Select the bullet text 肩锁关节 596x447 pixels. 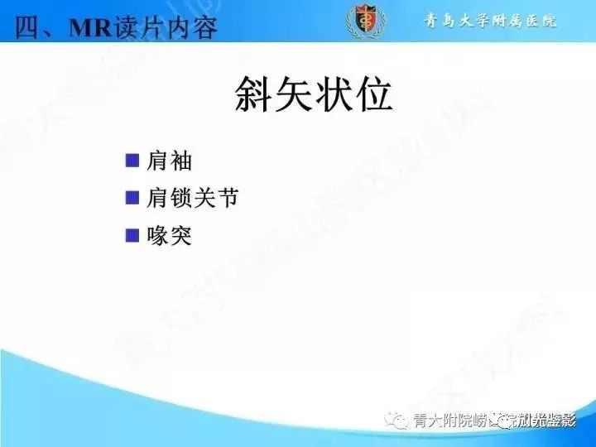[193, 199]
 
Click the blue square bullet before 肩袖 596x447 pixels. [132, 160]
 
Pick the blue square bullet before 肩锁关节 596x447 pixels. [132, 198]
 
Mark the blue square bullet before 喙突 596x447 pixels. [132, 236]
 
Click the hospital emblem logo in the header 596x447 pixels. [364, 21]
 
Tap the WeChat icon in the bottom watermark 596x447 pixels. [399, 421]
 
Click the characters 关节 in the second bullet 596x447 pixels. [217, 199]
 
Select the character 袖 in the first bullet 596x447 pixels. [180, 161]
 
